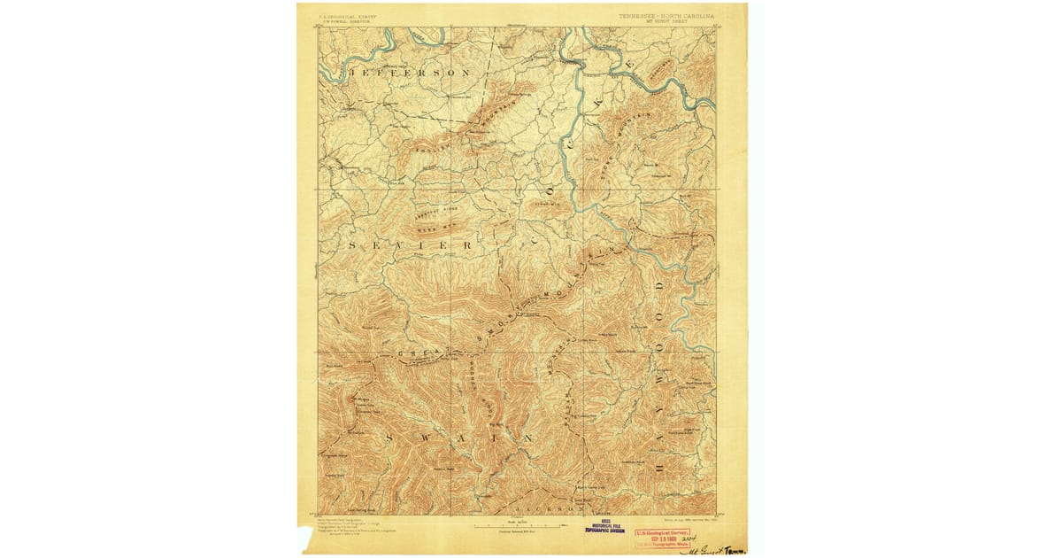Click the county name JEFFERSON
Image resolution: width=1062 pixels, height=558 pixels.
(408, 71)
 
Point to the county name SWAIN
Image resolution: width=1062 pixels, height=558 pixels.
(458, 438)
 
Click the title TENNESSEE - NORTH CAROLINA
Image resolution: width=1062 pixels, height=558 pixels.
(667, 16)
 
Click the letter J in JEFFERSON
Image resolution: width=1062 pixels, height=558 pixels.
(351, 71)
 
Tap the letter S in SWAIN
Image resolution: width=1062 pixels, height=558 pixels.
(389, 438)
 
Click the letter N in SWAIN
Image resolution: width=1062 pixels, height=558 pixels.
(527, 438)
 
